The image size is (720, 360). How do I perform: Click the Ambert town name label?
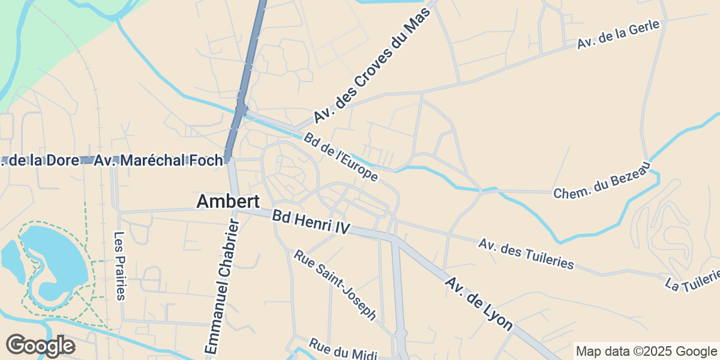click(x=227, y=202)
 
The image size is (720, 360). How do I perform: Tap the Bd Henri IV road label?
click(x=310, y=222)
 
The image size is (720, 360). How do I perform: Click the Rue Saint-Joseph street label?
click(x=334, y=285)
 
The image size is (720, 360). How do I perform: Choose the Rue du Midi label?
click(x=343, y=350)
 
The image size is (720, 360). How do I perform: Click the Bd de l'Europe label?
click(x=341, y=157)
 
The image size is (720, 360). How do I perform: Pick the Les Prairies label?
click(x=120, y=265)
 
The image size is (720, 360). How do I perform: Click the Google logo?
click(x=40, y=346)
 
